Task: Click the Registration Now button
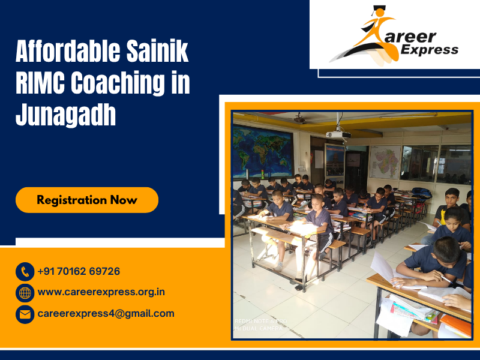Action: [x=87, y=200]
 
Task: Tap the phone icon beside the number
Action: [x=25, y=272]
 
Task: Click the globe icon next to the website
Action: [x=25, y=293]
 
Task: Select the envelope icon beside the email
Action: [x=25, y=314]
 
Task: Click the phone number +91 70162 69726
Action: [x=79, y=271]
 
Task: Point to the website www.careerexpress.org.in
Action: [x=101, y=292]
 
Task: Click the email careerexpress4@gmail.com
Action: [x=106, y=313]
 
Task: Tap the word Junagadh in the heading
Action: [x=65, y=114]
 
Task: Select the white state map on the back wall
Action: [x=385, y=161]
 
